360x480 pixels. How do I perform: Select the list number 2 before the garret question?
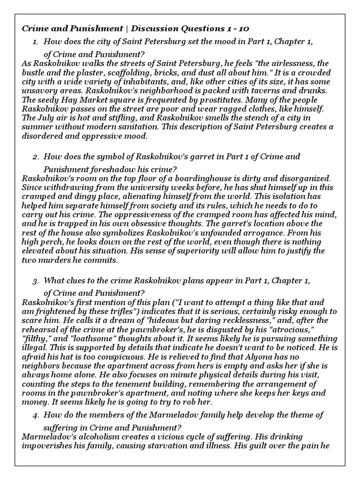coord(36,157)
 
